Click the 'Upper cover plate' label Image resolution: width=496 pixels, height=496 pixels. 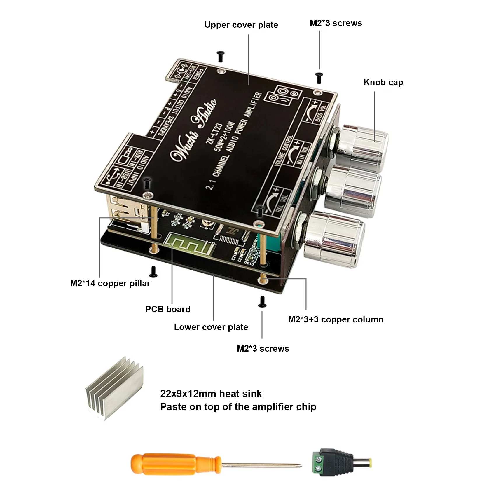point(241,25)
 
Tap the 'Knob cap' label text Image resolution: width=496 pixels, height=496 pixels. point(383,82)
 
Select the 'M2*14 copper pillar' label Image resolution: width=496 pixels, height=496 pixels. point(110,283)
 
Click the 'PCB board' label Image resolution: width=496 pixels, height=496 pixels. point(168,309)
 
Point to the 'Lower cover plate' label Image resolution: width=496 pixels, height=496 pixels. point(211,327)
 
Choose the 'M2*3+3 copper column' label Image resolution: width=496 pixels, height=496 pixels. point(336,319)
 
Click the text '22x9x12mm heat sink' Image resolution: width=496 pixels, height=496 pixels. point(211,394)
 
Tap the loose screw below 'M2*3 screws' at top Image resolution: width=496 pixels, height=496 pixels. point(319,78)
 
